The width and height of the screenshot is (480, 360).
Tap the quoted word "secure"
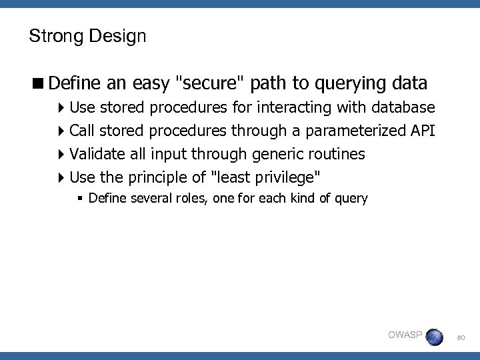(x=209, y=83)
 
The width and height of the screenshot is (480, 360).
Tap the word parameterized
(x=353, y=131)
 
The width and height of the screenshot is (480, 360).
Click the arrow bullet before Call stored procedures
(x=62, y=131)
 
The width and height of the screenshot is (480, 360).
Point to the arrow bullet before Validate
(x=62, y=155)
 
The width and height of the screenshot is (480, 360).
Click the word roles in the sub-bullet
(x=183, y=198)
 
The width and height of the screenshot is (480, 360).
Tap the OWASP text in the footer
(x=405, y=335)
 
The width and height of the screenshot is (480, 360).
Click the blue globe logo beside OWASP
(x=434, y=337)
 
